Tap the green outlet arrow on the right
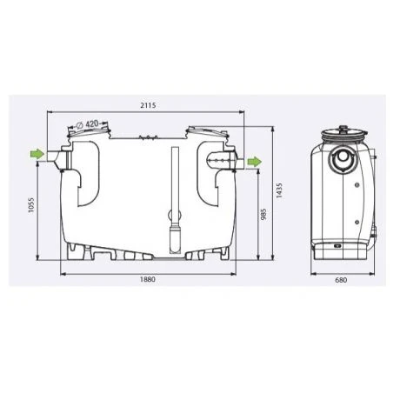coord(253,162)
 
